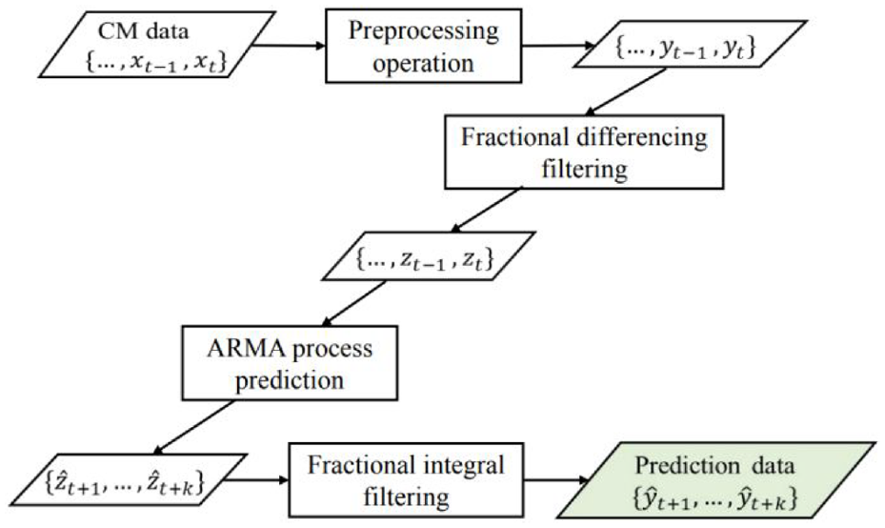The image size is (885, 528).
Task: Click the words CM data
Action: click(x=143, y=30)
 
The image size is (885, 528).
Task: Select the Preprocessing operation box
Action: click(x=423, y=47)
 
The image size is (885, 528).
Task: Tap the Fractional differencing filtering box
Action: click(x=584, y=152)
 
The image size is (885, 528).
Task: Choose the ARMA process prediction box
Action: click(x=290, y=363)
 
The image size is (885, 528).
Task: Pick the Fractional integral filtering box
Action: click(x=407, y=480)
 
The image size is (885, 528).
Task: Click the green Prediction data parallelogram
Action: click(x=715, y=480)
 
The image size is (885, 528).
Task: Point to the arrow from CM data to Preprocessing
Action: click(x=288, y=46)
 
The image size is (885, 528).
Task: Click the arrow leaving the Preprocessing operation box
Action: click(x=558, y=46)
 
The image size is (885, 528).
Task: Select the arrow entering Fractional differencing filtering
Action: click(x=627, y=92)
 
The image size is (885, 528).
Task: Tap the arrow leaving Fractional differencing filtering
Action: click(x=486, y=210)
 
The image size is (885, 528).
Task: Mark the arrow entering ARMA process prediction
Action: click(x=353, y=304)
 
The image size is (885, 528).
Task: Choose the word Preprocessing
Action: click(x=424, y=31)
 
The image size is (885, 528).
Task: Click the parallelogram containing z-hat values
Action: click(x=129, y=480)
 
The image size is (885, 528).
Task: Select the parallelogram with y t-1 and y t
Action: click(x=690, y=45)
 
